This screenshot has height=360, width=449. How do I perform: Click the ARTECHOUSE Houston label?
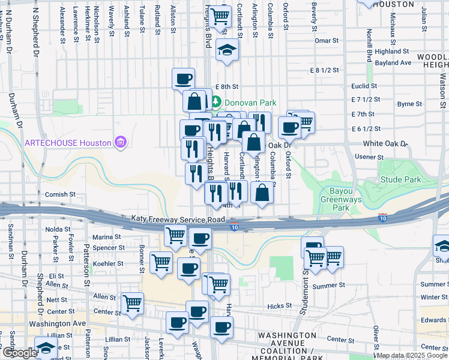click(68, 143)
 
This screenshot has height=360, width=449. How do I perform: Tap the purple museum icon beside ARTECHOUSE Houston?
click(121, 143)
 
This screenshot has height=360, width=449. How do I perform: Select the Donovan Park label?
click(250, 103)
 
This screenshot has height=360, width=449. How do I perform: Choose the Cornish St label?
click(59, 194)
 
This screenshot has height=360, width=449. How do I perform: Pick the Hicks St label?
click(280, 306)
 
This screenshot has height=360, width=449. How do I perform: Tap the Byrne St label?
click(410, 104)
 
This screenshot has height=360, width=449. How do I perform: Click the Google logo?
click(19, 353)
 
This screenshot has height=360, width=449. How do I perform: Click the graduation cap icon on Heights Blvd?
click(228, 50)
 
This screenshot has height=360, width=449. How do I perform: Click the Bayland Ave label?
click(394, 62)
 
